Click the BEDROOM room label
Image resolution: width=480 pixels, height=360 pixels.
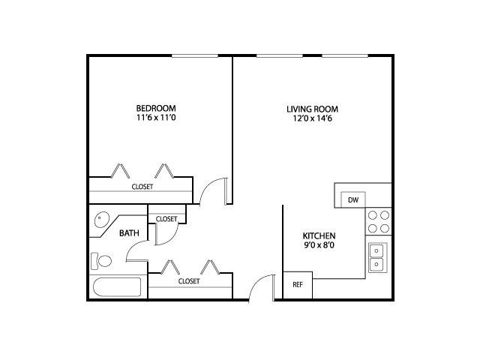point(156,108)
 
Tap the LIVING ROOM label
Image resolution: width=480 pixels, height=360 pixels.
point(312,109)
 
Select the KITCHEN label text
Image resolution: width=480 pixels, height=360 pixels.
point(319,236)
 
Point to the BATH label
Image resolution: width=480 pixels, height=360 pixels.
point(129,233)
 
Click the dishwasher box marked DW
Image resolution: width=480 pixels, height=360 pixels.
point(353,199)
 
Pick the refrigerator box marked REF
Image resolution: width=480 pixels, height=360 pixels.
point(298,285)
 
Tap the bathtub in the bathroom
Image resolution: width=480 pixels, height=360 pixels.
point(117,287)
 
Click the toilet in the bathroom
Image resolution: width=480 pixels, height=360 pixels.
point(101,261)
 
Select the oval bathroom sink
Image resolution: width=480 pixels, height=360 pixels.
point(102,220)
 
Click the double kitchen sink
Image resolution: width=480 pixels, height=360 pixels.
point(378,257)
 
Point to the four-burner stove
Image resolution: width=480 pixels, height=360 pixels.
point(378,222)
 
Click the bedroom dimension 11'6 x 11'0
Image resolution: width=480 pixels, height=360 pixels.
point(156,118)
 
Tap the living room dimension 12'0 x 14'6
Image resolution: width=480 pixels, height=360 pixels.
point(312,118)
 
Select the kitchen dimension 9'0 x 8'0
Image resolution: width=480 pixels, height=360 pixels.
point(319,245)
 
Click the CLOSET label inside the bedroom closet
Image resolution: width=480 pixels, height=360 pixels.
point(142,187)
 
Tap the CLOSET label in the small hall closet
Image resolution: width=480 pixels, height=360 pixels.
point(166,219)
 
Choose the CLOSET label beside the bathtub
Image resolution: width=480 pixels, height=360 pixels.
point(189,281)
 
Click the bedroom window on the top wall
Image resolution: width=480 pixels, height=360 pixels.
point(195,56)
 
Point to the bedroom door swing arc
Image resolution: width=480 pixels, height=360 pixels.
point(208,185)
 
